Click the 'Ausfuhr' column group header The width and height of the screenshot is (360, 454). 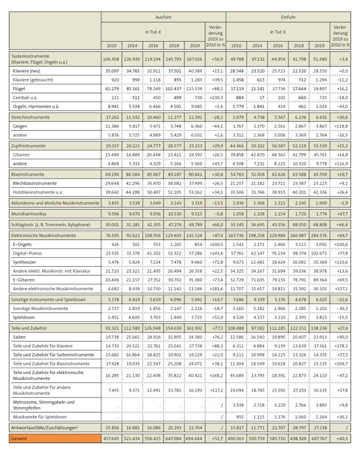click(163, 17)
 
